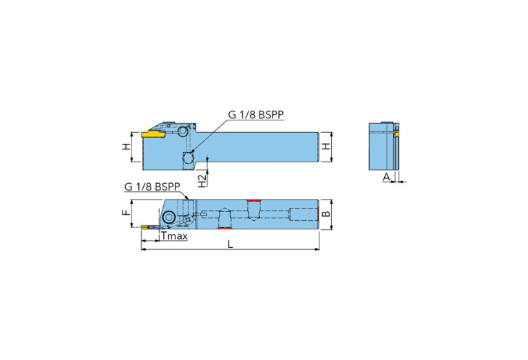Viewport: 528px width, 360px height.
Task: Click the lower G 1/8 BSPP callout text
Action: [x=152, y=187]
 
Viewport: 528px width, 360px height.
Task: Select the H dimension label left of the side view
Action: [x=125, y=147]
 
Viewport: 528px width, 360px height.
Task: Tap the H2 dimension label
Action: [x=201, y=180]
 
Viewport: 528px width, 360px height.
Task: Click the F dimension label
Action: [x=125, y=213]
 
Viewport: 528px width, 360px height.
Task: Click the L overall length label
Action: [x=229, y=244]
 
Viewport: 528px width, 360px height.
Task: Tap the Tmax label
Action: [x=173, y=236]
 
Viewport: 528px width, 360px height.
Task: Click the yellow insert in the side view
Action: [x=153, y=134]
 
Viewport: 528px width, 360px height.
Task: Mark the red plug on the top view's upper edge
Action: [x=254, y=200]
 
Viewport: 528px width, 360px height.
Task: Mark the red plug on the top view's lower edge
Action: [x=223, y=228]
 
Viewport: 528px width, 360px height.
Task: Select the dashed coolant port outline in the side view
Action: [x=188, y=158]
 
